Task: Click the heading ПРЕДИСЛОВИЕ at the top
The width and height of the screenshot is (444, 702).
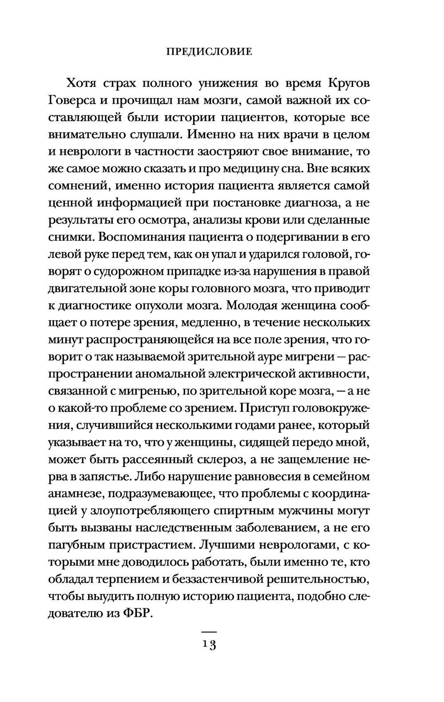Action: point(209,52)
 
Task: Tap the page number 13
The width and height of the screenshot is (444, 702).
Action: point(209,645)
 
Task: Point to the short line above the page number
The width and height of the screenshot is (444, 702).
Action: point(209,631)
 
